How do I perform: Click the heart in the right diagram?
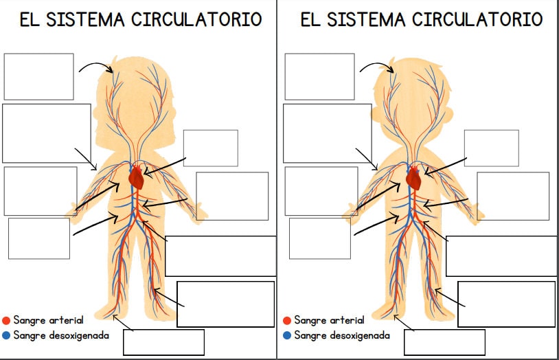point(413,179)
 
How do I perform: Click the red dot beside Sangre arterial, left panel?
point(6,321)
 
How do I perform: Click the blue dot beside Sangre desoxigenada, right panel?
point(286,336)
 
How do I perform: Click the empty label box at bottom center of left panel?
point(163,341)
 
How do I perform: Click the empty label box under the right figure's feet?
point(444,342)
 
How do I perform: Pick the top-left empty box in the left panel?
point(38,76)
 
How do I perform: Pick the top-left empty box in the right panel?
point(319,76)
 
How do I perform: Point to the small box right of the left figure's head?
point(210,148)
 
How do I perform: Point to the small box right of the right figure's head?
point(491,148)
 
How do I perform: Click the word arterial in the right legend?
point(347,320)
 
